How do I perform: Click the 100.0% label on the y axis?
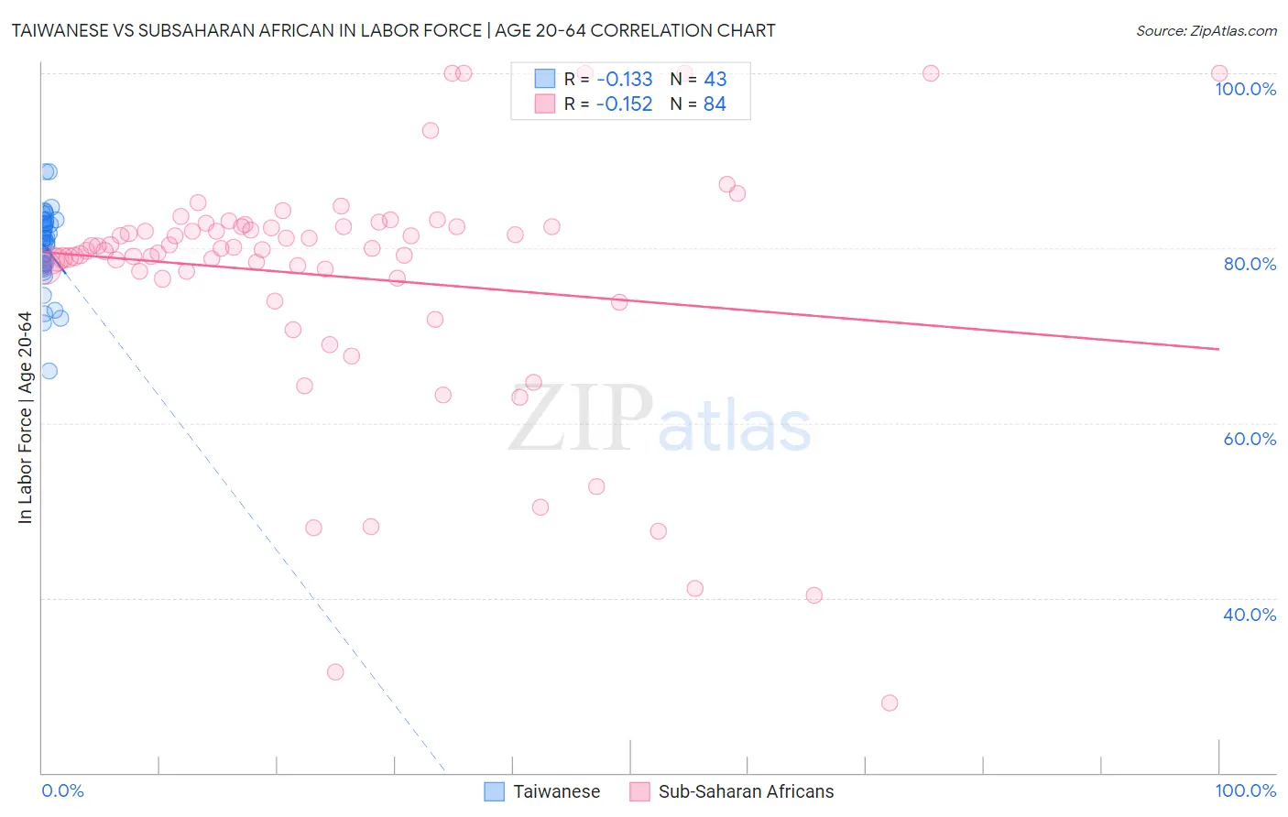(1245, 89)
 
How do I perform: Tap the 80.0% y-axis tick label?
(1250, 264)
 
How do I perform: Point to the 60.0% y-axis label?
(1250, 439)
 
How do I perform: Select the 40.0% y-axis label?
(1250, 615)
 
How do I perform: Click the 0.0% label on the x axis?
(62, 790)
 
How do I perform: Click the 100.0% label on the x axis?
(1245, 790)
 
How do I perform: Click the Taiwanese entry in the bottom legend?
(556, 791)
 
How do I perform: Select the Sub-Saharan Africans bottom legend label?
(746, 791)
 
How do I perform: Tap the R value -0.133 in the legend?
(624, 79)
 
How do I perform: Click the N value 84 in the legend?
(715, 103)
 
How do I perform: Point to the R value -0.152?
(624, 103)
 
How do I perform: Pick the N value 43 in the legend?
(715, 79)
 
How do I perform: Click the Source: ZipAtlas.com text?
(1206, 30)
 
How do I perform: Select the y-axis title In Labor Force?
(26, 418)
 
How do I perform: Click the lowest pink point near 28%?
(890, 703)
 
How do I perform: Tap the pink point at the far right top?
(1219, 73)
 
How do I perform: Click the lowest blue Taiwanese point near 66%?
(49, 371)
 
